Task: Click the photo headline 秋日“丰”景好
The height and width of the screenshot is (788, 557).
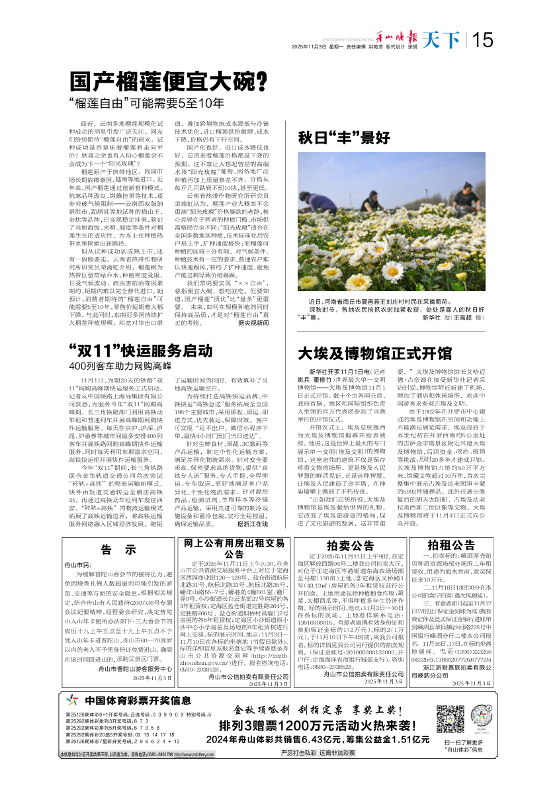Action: [x=343, y=139]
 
